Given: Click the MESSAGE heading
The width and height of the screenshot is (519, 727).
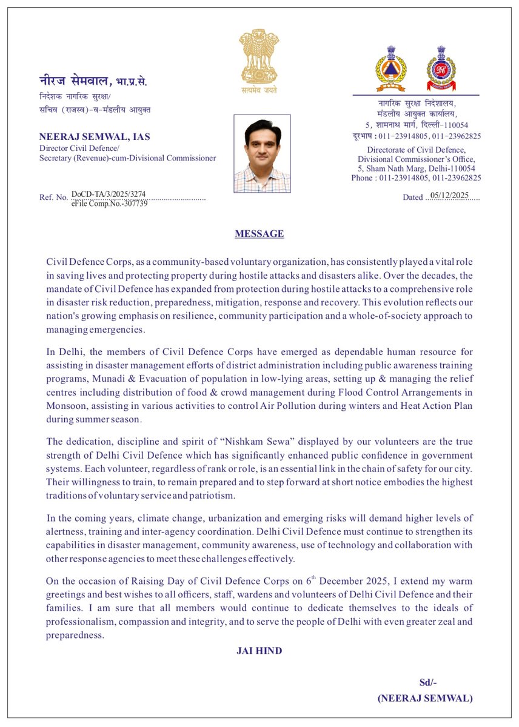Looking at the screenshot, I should click(x=259, y=234).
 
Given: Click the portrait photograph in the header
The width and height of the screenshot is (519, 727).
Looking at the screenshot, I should click(x=262, y=154).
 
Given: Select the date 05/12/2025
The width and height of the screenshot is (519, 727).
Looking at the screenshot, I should click(x=449, y=196).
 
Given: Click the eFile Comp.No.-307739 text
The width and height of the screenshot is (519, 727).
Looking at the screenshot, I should click(x=109, y=203).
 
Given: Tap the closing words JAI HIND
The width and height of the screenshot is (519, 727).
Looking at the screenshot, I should click(x=259, y=651).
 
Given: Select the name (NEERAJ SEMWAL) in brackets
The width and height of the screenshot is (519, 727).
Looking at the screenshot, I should click(x=424, y=698).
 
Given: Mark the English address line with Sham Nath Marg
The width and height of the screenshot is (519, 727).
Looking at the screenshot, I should click(x=416, y=168).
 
